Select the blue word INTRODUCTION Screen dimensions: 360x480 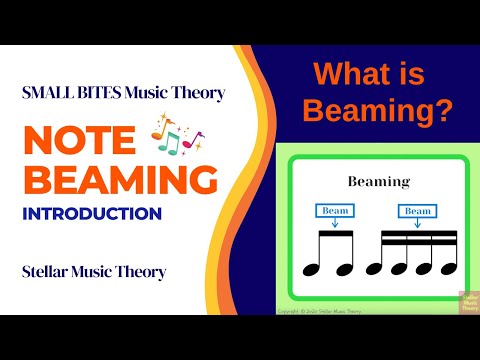92,213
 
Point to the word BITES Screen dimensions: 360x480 100,93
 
